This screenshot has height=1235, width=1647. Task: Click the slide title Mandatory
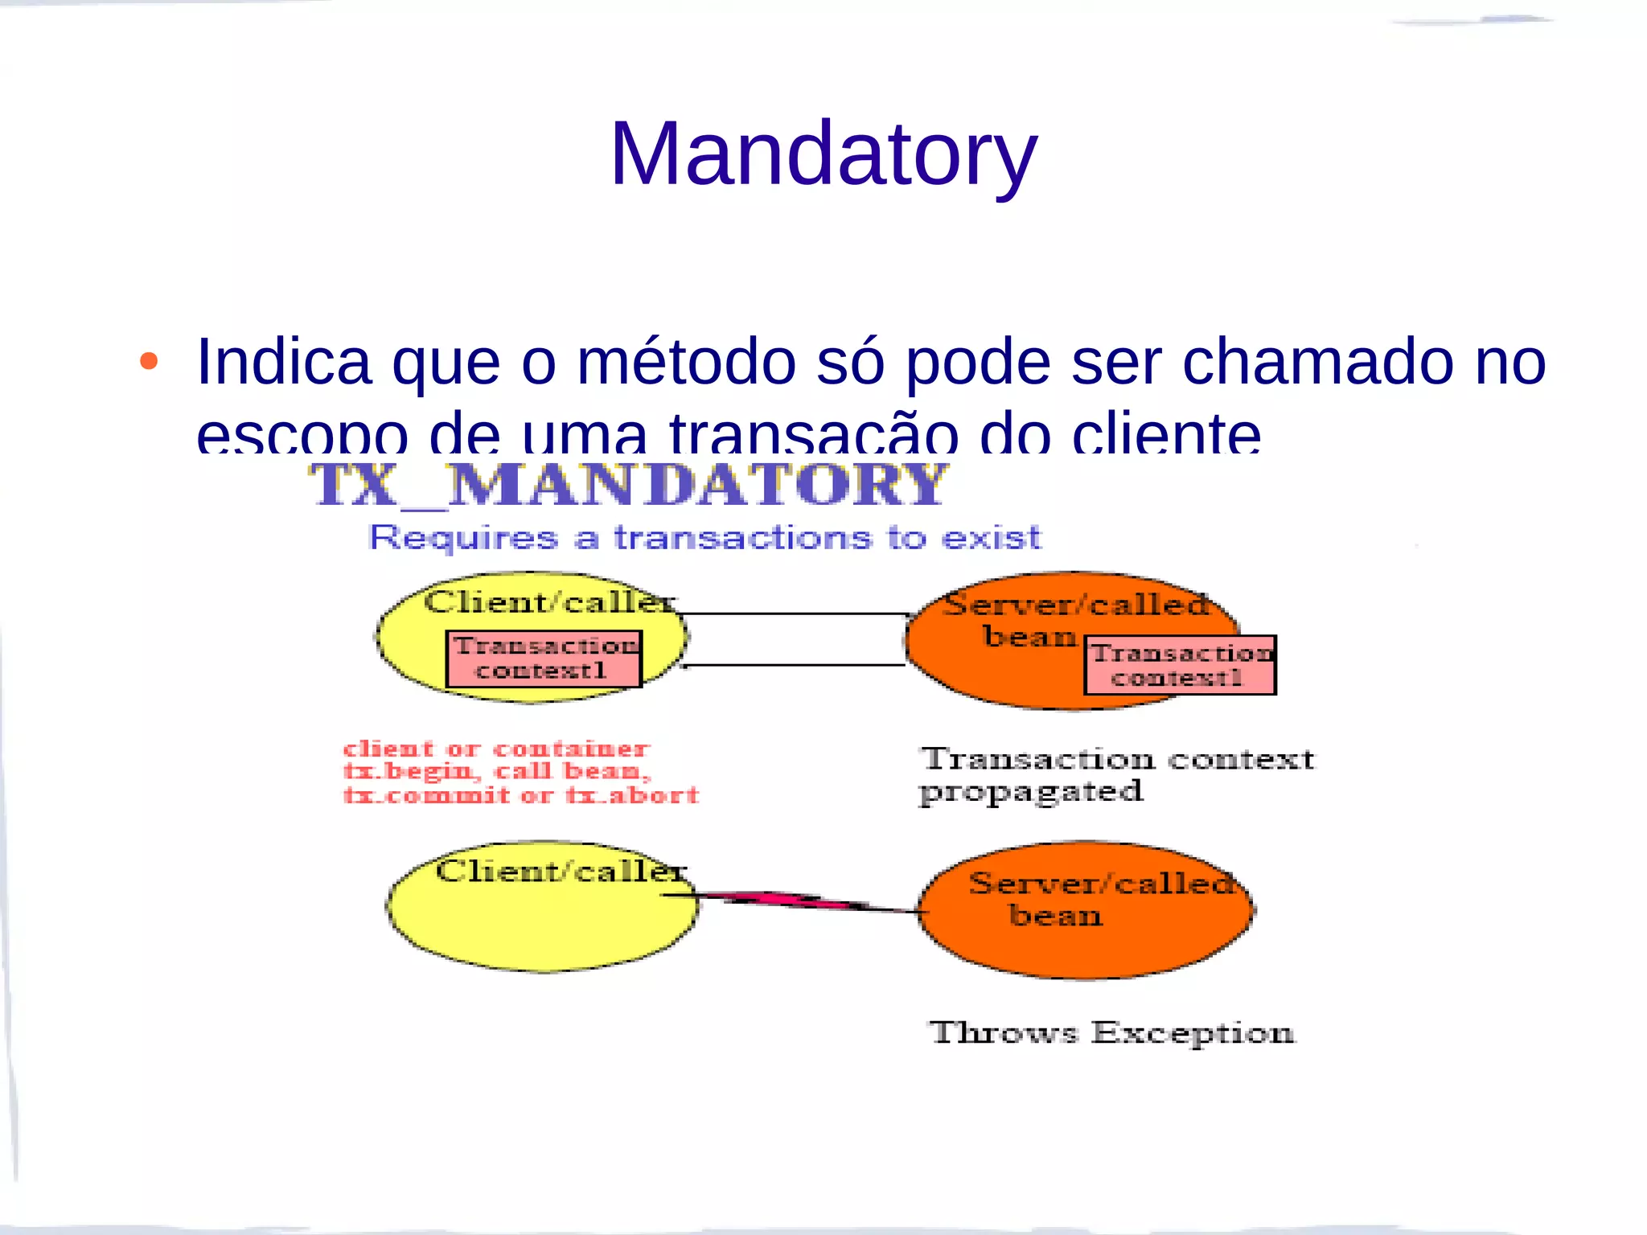pyautogui.click(x=823, y=154)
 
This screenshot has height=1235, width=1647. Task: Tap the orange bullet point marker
pyautogui.click(x=149, y=361)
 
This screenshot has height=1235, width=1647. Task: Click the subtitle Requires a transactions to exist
pyautogui.click(x=704, y=537)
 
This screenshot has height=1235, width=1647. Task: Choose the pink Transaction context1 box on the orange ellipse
pyautogui.click(x=1180, y=666)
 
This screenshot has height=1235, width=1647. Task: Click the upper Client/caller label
pyautogui.click(x=550, y=601)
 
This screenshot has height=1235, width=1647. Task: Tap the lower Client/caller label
pyautogui.click(x=561, y=871)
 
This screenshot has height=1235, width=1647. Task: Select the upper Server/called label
pyautogui.click(x=1076, y=605)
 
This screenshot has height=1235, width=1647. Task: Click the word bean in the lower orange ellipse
pyautogui.click(x=1055, y=916)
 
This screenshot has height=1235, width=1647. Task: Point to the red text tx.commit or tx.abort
pyautogui.click(x=521, y=796)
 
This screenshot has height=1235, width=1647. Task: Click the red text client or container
pyautogui.click(x=496, y=749)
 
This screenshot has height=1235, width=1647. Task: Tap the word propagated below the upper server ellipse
pyautogui.click(x=1031, y=793)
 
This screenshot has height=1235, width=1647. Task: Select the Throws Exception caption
pyautogui.click(x=1112, y=1032)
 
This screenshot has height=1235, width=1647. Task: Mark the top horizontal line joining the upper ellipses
pyautogui.click(x=795, y=614)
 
